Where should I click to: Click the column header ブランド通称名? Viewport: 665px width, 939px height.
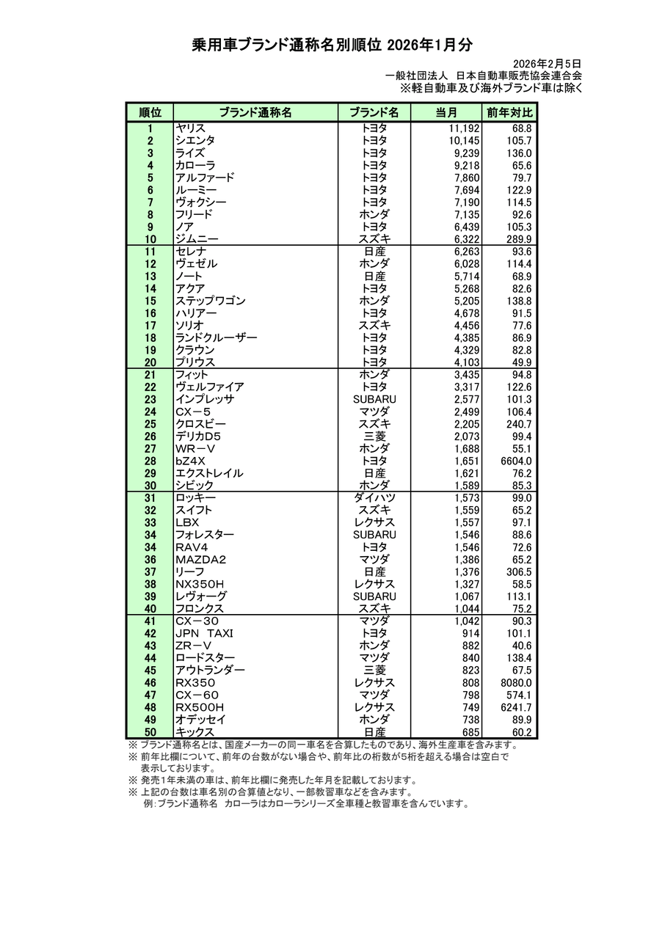(255, 112)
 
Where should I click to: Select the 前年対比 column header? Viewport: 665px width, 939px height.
(509, 112)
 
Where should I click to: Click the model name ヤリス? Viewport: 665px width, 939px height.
(190, 128)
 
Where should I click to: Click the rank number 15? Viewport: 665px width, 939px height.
(150, 301)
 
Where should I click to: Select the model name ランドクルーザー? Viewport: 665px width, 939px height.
(216, 337)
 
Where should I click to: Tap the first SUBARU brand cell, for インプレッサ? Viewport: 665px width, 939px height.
(374, 399)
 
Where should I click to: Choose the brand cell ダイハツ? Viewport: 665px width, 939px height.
(374, 498)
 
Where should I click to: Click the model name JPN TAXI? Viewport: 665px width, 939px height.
(204, 633)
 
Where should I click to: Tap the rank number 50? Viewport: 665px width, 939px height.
(150, 732)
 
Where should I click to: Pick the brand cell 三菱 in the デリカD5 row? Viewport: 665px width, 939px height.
(374, 436)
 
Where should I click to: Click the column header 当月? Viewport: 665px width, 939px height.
(446, 112)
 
